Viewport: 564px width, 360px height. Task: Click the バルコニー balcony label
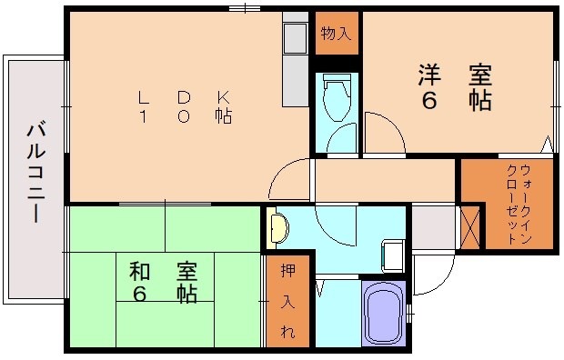pyautogui.click(x=35, y=174)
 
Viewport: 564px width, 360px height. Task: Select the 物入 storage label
pyautogui.click(x=336, y=35)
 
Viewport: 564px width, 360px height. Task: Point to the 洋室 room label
pyautogui.click(x=454, y=86)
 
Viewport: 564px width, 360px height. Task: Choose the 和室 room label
pyautogui.click(x=163, y=282)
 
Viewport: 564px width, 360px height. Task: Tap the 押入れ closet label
pyautogui.click(x=287, y=301)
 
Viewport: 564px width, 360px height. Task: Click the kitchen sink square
pyautogui.click(x=296, y=38)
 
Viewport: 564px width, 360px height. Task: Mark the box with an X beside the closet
pyautogui.click(x=470, y=227)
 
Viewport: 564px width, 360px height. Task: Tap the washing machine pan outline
pyautogui.click(x=394, y=255)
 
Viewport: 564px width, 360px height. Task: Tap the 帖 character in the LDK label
pyautogui.click(x=223, y=116)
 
